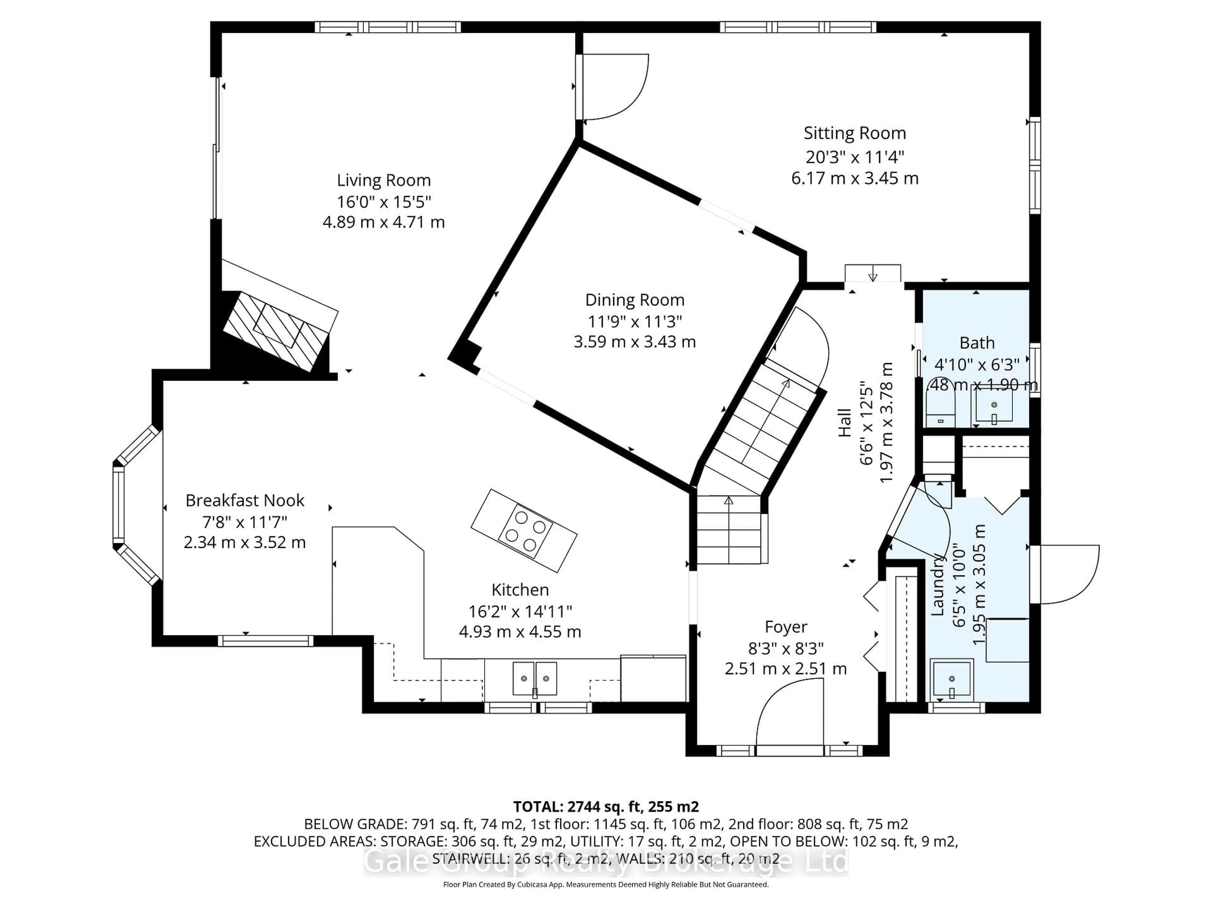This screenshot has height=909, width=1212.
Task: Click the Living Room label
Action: point(383,180)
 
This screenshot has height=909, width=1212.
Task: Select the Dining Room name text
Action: point(634,300)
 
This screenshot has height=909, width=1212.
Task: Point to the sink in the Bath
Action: point(993,406)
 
